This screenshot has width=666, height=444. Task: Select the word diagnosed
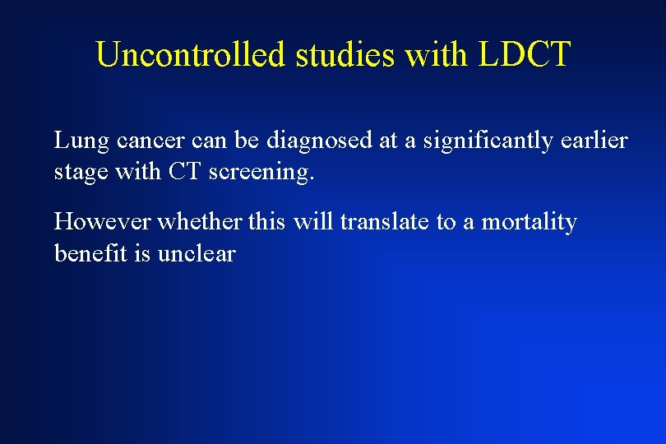(319, 141)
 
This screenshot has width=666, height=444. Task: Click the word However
(103, 222)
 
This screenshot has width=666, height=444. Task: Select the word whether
(201, 222)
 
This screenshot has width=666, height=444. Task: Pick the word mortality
(529, 222)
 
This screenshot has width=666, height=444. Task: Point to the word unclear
(197, 254)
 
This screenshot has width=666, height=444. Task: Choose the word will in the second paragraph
(313, 222)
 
